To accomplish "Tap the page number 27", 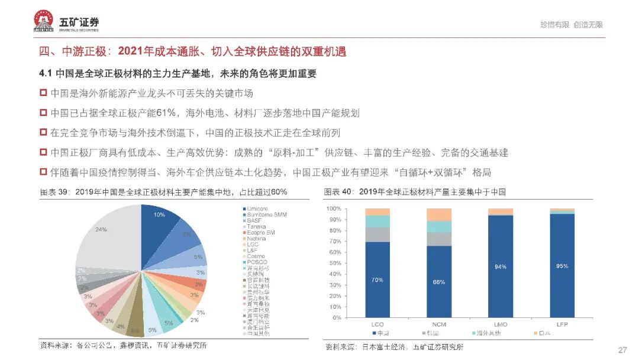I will (622, 349).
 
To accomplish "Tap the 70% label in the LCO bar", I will (377, 280).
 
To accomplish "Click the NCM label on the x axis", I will (438, 325).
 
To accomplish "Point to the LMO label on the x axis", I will (500, 325).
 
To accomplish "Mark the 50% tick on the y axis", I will (334, 263).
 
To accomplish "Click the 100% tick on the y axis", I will (333, 208).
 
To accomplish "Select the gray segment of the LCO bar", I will (377, 234).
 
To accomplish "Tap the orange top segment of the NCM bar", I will (438, 214).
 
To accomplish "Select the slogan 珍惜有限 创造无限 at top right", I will (571, 25).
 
